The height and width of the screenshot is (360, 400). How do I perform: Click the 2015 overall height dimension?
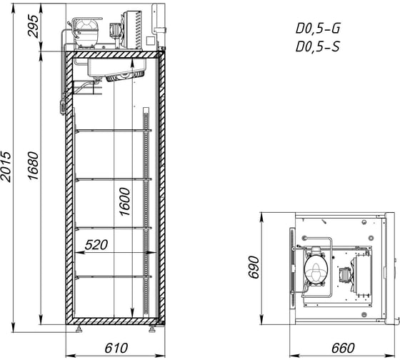pyautogui.click(x=6, y=166)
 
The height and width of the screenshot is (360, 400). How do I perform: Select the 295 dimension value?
pyautogui.click(x=33, y=26)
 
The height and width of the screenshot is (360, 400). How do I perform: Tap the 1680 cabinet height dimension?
pyautogui.click(x=33, y=166)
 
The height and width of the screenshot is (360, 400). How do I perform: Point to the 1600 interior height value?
pyautogui.click(x=125, y=202)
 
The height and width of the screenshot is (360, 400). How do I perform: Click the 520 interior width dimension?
pyautogui.click(x=96, y=245)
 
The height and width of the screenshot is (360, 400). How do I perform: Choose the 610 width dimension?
pyautogui.click(x=116, y=348)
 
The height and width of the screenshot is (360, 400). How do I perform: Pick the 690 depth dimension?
pyautogui.click(x=254, y=267)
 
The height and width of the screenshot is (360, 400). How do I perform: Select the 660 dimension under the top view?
pyautogui.click(x=343, y=348)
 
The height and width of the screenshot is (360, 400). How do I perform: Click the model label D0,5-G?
pyautogui.click(x=318, y=28)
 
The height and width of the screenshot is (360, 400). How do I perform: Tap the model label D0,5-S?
pyautogui.click(x=318, y=46)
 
